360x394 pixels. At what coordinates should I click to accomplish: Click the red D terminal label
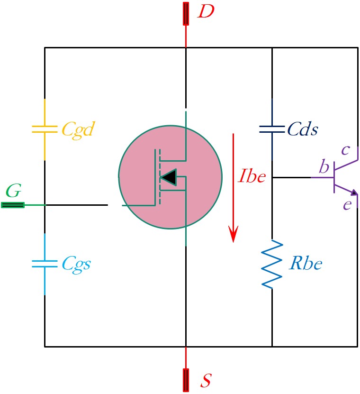point(206,11)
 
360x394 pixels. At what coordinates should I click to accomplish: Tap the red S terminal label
point(206,380)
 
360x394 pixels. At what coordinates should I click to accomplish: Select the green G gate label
point(13,191)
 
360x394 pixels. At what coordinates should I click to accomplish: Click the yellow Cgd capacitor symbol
point(45,129)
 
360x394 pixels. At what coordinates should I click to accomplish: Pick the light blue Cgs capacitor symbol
point(45,264)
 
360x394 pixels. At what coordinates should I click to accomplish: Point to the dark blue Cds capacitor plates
point(272,129)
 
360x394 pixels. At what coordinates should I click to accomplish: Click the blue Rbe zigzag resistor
point(272,264)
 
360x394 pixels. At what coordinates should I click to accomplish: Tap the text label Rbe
point(306,263)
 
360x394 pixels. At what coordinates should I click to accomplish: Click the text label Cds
point(303,129)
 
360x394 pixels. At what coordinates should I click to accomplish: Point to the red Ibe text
point(252,176)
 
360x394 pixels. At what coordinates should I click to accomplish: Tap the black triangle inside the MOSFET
point(169,177)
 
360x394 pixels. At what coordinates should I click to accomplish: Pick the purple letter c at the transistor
point(346,150)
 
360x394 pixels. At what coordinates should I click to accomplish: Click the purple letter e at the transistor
point(348,205)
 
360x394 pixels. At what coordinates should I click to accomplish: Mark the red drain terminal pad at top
point(186,14)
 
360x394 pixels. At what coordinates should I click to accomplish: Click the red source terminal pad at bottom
point(186,380)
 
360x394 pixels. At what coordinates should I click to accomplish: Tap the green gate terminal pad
point(13,205)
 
